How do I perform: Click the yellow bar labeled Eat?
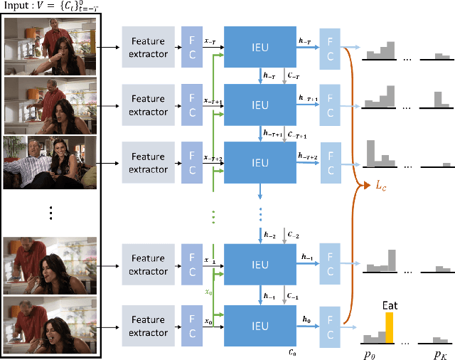point(389,327)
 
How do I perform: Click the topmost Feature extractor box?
point(148,48)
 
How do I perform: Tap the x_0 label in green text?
point(208,291)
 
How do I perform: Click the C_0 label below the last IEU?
point(293,351)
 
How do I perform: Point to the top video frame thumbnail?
point(50,46)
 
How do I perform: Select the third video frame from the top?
point(50,162)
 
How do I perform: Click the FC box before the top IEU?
point(192,48)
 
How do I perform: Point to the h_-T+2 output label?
point(309,156)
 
